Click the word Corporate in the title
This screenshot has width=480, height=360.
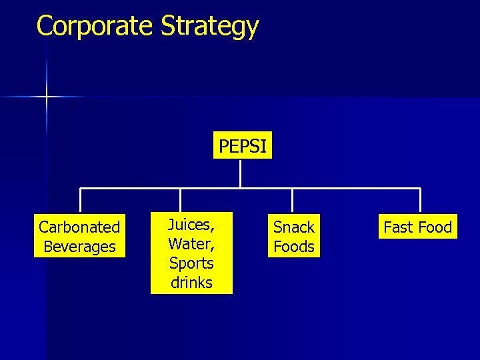95,26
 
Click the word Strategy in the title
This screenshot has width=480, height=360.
209,27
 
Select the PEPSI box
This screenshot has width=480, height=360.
243,146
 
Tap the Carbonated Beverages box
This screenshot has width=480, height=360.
79,237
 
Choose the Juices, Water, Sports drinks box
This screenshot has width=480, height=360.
191,253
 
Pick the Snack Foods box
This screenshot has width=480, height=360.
293,237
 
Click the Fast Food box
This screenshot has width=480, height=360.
418,227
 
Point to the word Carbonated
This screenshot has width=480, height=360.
79,227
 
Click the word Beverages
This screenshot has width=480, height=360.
79,247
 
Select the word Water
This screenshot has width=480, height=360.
191,244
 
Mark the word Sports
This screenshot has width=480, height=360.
191,263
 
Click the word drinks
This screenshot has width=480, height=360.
191,282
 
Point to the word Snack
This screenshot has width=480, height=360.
293,227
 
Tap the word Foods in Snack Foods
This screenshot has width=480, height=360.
293,247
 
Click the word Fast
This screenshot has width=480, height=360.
398,227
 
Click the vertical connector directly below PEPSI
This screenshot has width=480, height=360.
240,173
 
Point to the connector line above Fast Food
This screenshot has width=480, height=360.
420,201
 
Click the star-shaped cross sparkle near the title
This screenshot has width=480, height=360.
47,97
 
